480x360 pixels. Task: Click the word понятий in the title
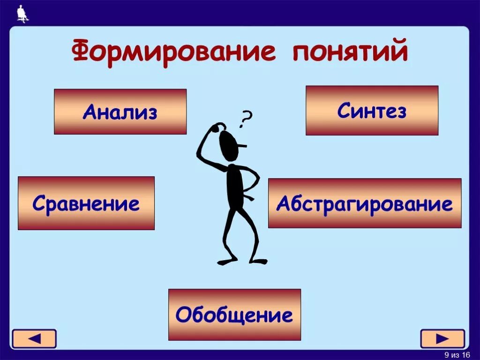pyautogui.click(x=350, y=52)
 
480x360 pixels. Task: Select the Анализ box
pyautogui.click(x=120, y=112)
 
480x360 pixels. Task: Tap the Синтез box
pyautogui.click(x=372, y=110)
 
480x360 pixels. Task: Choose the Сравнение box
pyautogui.click(x=86, y=203)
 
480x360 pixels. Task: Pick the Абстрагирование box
pyautogui.click(x=365, y=203)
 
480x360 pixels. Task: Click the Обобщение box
pyautogui.click(x=234, y=314)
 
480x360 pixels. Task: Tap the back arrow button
pyautogui.click(x=34, y=338)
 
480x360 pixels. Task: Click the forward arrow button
pyautogui.click(x=442, y=338)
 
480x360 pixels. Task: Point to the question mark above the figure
pyautogui.click(x=244, y=119)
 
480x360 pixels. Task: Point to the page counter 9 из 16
pyautogui.click(x=457, y=354)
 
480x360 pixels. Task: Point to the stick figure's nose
pyautogui.click(x=242, y=147)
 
